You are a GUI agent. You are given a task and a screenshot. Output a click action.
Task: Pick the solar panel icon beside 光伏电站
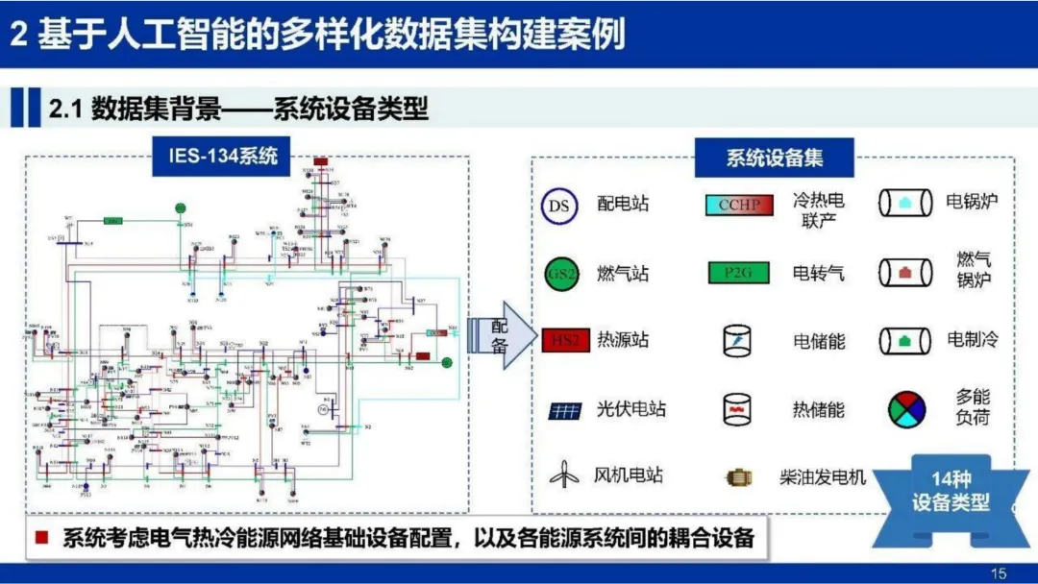pyautogui.click(x=565, y=411)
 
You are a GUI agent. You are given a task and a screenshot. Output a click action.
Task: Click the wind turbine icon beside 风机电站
pyautogui.click(x=564, y=474)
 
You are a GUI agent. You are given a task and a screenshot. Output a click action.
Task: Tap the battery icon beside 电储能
pyautogui.click(x=737, y=340)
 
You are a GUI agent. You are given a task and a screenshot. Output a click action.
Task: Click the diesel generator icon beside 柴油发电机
pyautogui.click(x=741, y=477)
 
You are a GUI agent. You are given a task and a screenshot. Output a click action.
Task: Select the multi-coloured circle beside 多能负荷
pyautogui.click(x=906, y=408)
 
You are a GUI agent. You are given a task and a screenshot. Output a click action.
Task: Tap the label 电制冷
pyautogui.click(x=972, y=340)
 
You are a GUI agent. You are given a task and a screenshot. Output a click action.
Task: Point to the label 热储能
pyautogui.click(x=818, y=409)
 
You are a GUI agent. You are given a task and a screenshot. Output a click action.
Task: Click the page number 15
pyautogui.click(x=998, y=573)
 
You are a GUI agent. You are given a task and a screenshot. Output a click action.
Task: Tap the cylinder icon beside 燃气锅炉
pyautogui.click(x=904, y=273)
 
